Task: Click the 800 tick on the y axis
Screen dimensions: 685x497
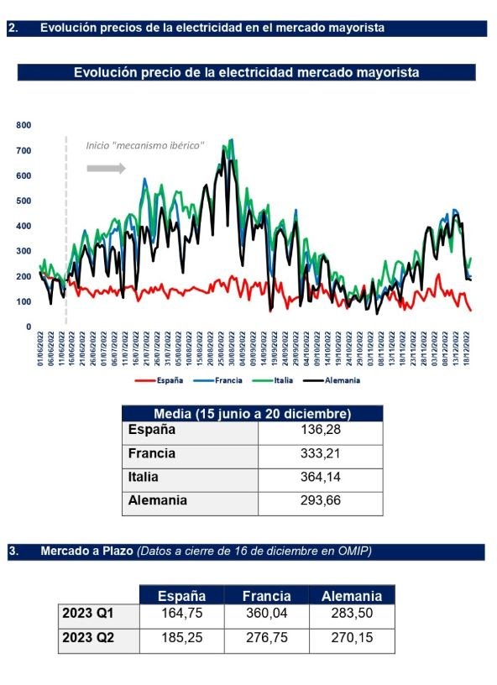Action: coord(24,125)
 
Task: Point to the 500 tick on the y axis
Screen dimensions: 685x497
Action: coord(24,201)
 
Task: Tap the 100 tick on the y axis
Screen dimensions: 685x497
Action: coord(24,301)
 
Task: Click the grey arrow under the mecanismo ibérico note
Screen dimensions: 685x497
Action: coord(106,168)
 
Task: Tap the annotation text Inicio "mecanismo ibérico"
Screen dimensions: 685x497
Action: coord(144,145)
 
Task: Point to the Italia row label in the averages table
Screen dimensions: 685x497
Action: coord(144,478)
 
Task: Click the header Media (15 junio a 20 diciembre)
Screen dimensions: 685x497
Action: coord(252,414)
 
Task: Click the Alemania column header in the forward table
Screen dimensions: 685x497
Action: coord(351,596)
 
